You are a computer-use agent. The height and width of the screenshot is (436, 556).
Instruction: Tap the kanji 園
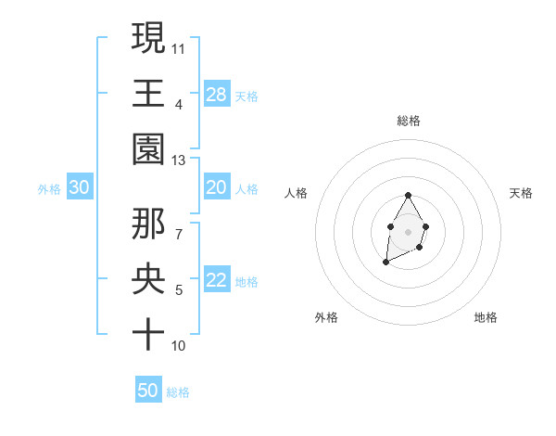point(148,148)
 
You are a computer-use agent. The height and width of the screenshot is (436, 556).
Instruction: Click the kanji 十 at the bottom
point(148,334)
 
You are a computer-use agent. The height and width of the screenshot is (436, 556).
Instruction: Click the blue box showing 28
point(217,94)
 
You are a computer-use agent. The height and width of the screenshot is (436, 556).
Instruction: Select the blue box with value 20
point(217,187)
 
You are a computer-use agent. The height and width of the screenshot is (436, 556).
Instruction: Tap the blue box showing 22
point(217,281)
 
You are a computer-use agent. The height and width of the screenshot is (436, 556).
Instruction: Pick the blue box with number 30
point(79,187)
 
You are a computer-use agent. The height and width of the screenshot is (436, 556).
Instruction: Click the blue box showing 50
point(148,391)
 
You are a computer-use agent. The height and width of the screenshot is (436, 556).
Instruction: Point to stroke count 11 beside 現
point(179,47)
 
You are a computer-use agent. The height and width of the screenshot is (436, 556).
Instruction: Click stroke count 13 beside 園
point(179,160)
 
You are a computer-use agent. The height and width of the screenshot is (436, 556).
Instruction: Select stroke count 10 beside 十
point(179,346)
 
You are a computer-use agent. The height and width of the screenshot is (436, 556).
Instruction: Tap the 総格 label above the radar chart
point(409,121)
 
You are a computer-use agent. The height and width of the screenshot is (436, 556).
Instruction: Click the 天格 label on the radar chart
point(522,193)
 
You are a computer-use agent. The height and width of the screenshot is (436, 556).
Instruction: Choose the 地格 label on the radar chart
point(486,317)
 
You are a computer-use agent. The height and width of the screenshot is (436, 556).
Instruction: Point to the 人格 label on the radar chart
point(297,193)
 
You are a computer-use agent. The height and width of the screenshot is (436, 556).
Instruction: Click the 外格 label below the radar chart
point(326,317)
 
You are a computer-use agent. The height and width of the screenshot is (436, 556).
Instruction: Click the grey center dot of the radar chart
point(408,230)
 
